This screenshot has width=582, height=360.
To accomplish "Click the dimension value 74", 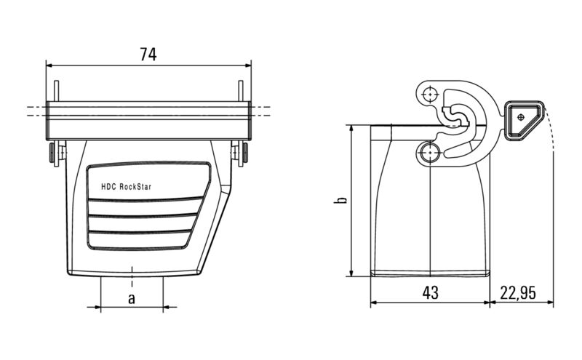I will (x=148, y=54).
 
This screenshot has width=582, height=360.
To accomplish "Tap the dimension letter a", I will (x=132, y=298).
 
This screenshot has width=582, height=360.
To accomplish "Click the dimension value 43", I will (x=430, y=293).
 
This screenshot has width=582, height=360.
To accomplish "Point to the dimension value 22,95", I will (x=518, y=293).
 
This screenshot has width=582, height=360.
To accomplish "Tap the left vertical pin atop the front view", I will (x=55, y=91).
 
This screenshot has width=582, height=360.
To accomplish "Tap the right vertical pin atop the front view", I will (x=240, y=91).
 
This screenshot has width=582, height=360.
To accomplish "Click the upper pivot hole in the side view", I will (x=431, y=95).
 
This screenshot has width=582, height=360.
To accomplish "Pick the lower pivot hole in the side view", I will (x=430, y=153).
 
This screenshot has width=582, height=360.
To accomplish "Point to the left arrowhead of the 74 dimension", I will (x=50, y=65).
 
